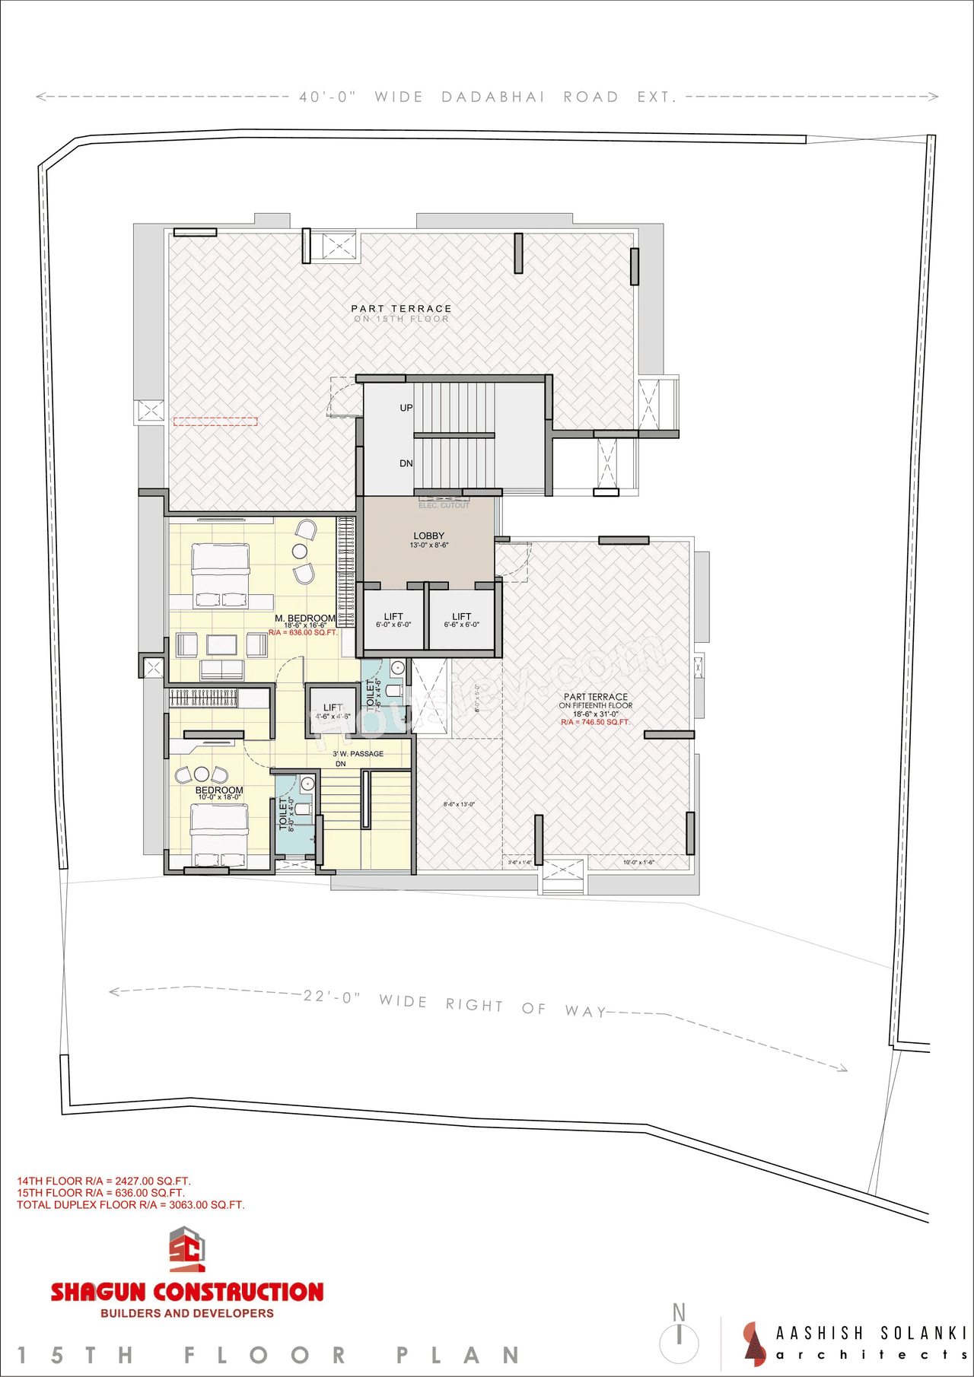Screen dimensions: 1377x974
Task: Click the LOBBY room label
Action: pyautogui.click(x=428, y=536)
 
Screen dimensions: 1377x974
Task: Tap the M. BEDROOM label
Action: pyautogui.click(x=305, y=619)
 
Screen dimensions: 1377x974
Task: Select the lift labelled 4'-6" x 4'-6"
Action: pyautogui.click(x=333, y=711)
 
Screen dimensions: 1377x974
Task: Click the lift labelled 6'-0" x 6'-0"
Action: pyautogui.click(x=393, y=619)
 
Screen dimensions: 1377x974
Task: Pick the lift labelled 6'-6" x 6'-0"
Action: pyautogui.click(x=462, y=619)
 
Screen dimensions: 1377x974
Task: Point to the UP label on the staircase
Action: pyautogui.click(x=406, y=408)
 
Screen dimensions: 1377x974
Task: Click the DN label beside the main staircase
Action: pyautogui.click(x=406, y=463)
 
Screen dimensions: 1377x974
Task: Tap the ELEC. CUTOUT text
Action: pyautogui.click(x=444, y=505)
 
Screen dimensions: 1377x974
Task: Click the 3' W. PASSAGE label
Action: pyautogui.click(x=358, y=754)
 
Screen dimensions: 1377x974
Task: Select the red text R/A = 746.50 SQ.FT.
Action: pyautogui.click(x=595, y=722)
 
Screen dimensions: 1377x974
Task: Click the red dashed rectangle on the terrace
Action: pyautogui.click(x=215, y=421)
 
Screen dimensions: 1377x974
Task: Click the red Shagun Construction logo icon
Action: pyautogui.click(x=187, y=1249)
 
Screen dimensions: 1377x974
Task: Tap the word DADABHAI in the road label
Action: pyautogui.click(x=493, y=97)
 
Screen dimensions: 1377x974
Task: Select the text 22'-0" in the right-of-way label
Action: pyautogui.click(x=331, y=997)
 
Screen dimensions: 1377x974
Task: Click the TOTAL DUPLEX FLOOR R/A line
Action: pyautogui.click(x=131, y=1205)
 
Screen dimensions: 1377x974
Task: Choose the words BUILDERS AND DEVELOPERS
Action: pyautogui.click(x=187, y=1313)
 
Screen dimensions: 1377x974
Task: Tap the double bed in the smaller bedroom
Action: pyautogui.click(x=219, y=835)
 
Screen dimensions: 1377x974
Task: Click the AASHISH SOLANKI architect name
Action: pyautogui.click(x=871, y=1333)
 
